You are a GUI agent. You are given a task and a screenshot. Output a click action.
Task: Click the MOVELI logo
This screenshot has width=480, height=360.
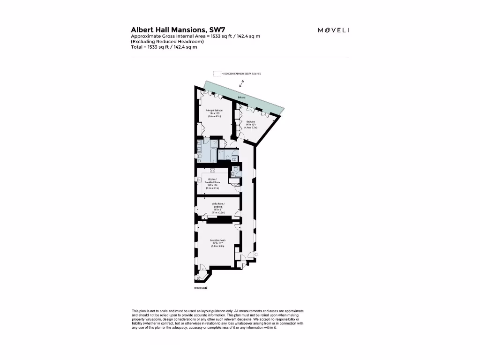point(333,30)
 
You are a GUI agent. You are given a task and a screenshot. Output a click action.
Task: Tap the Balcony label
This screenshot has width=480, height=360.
point(241,97)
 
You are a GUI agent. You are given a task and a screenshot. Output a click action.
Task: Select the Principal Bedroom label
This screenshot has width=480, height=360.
point(214,111)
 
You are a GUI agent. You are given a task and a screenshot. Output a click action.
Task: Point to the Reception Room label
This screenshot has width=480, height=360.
point(218,240)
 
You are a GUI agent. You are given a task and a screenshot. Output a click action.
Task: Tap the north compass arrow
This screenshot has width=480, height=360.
point(242,83)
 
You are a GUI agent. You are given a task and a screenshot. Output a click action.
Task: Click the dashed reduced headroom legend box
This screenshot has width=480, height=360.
point(217,74)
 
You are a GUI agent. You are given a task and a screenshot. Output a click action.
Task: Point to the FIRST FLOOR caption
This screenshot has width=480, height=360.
point(201,287)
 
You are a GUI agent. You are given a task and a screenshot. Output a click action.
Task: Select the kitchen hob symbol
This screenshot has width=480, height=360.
point(212,170)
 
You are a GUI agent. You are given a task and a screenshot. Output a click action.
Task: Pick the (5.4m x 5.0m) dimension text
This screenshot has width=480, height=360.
point(218,246)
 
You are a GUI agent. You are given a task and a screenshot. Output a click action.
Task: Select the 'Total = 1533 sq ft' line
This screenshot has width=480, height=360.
point(164,47)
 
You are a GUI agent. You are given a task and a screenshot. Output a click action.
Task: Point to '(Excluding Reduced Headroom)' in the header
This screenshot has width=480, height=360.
point(160,42)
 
